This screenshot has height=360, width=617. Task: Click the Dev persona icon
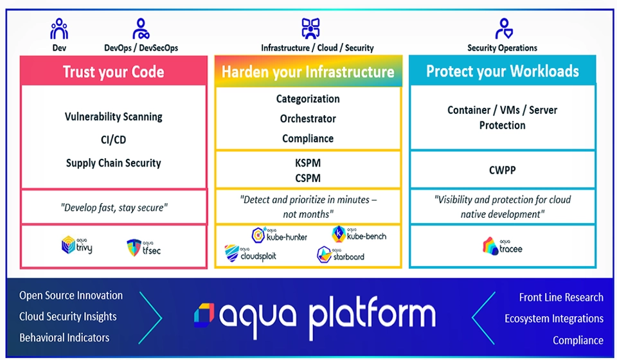pyautogui.click(x=58, y=29)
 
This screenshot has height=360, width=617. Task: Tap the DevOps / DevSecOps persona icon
pyautogui.click(x=141, y=29)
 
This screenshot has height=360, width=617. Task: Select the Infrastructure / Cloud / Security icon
pyautogui.click(x=310, y=29)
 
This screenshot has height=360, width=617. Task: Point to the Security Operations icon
pyautogui.click(x=503, y=29)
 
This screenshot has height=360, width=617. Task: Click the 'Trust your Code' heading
pyautogui.click(x=113, y=71)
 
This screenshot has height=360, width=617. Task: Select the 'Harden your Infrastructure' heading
pyautogui.click(x=308, y=71)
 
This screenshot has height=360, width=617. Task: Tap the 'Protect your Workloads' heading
pyautogui.click(x=502, y=71)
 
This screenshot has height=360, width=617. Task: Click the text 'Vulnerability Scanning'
pyautogui.click(x=113, y=117)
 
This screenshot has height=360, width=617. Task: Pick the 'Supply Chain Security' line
pyautogui.click(x=113, y=163)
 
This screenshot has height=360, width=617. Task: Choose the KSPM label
pyautogui.click(x=308, y=163)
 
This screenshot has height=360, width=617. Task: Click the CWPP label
pyautogui.click(x=502, y=171)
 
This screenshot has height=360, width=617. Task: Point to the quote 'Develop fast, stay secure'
pyautogui.click(x=113, y=208)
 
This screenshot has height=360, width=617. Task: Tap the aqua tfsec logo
pyautogui.click(x=143, y=248)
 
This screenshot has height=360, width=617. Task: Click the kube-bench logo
pyautogui.click(x=359, y=235)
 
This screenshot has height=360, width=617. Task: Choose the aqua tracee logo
pyautogui.click(x=502, y=246)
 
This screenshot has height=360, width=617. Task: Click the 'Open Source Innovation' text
pyautogui.click(x=71, y=296)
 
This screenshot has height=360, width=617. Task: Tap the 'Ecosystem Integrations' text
pyautogui.click(x=553, y=319)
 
